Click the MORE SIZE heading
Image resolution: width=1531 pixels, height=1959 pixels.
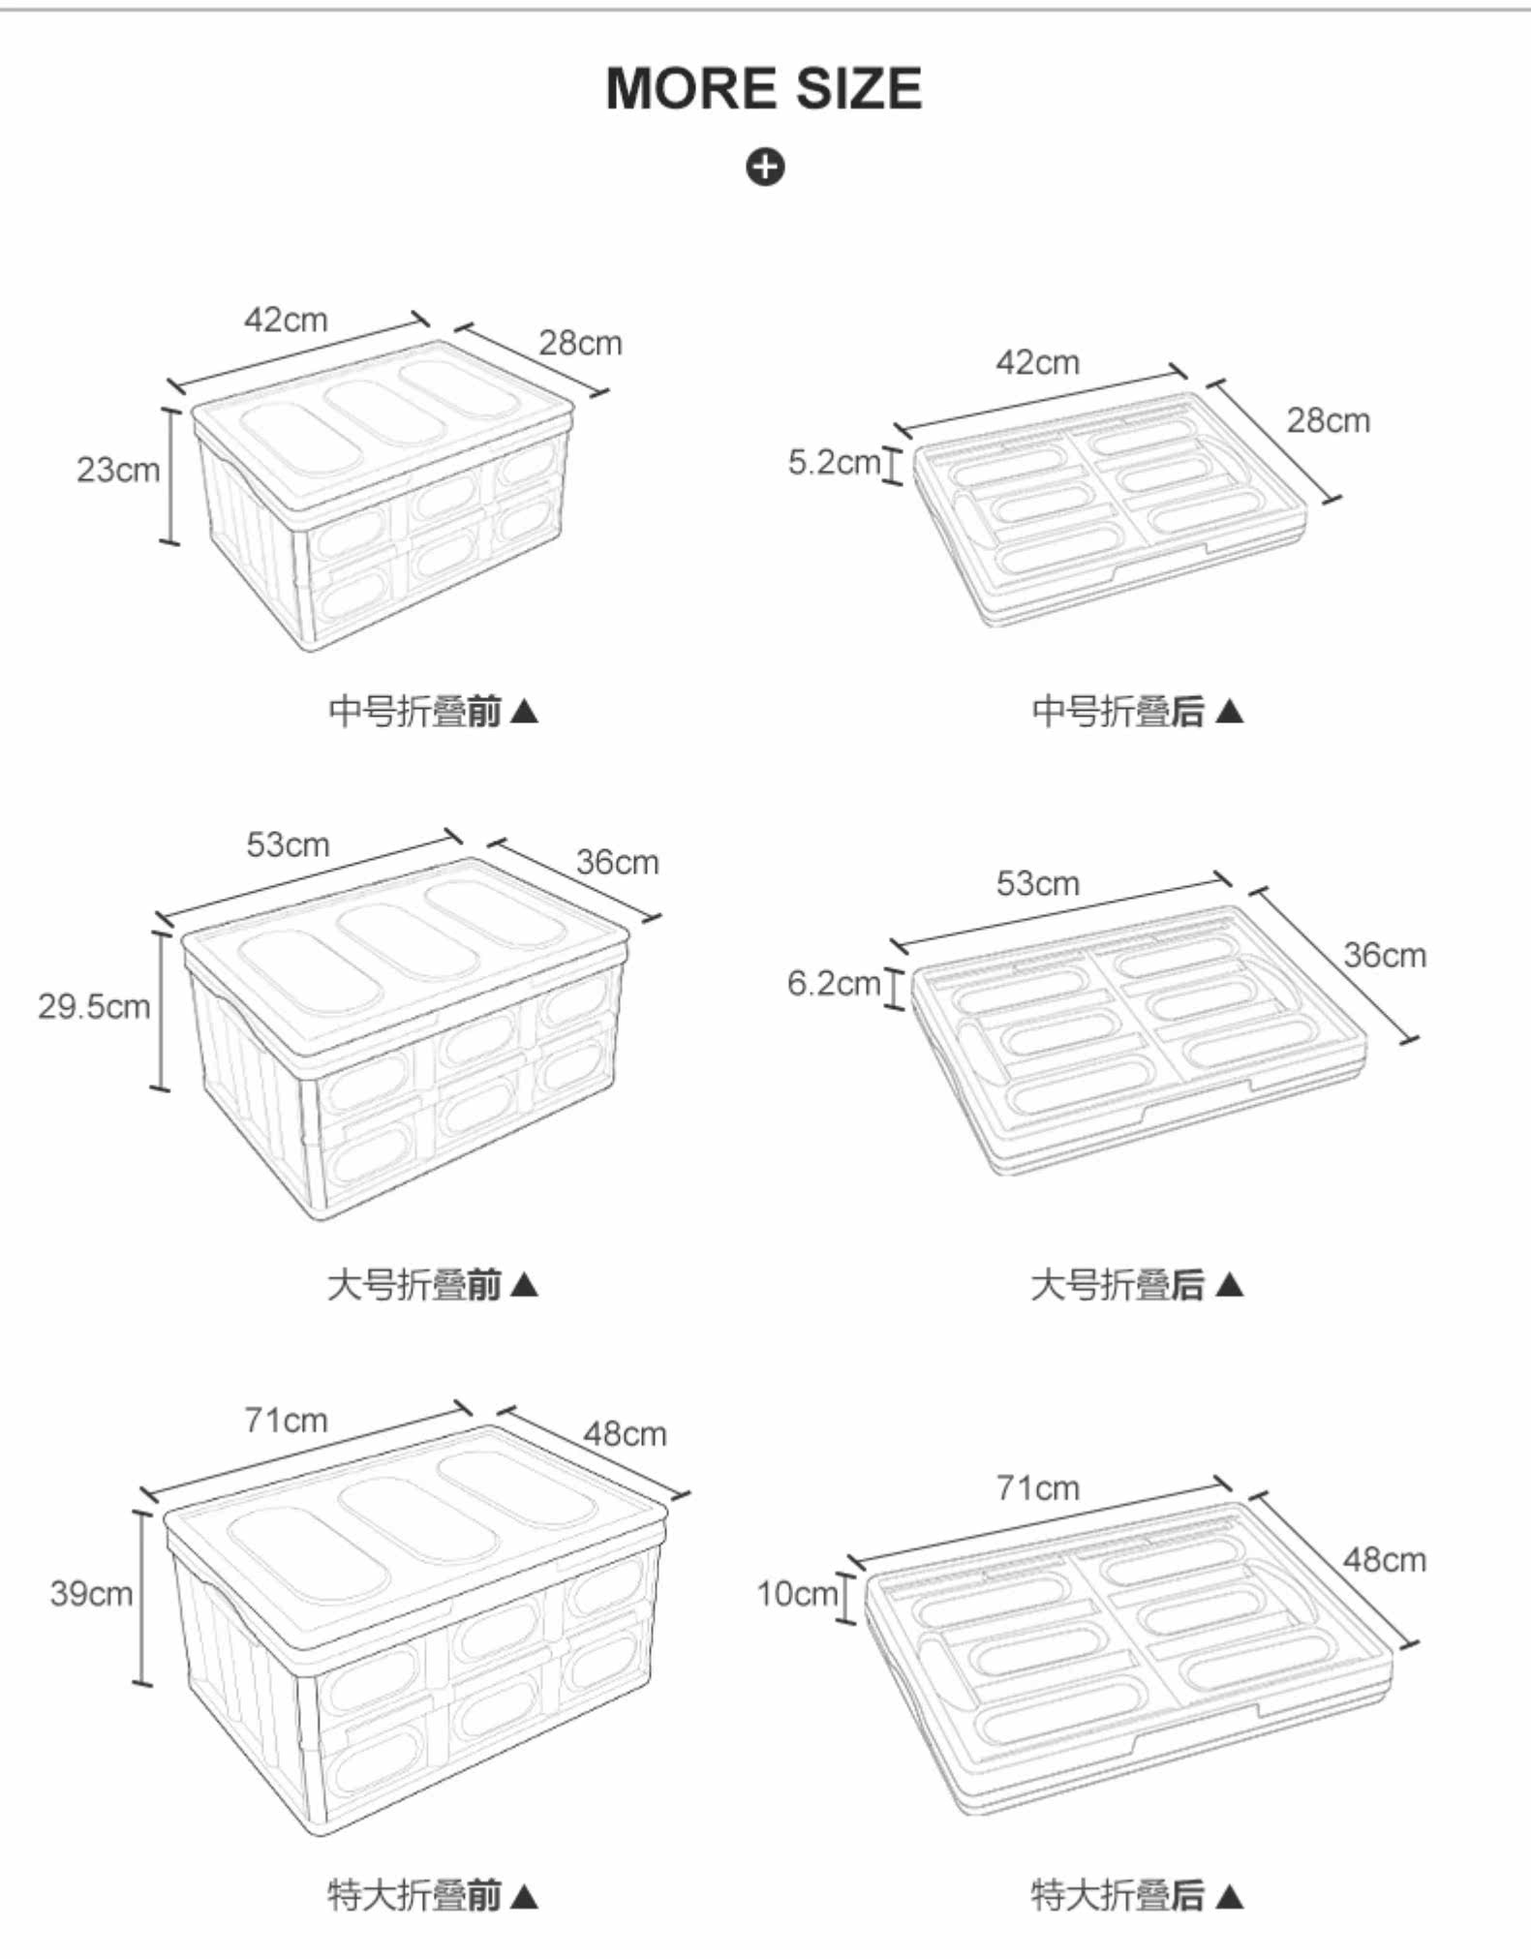tap(764, 89)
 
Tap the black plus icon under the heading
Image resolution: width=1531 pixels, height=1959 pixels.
tap(765, 167)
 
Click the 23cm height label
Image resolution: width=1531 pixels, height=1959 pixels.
tap(118, 470)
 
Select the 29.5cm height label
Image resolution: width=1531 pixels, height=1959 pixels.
tap(94, 1006)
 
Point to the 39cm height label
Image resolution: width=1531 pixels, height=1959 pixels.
tap(91, 1593)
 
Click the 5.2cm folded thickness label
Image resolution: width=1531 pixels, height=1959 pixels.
tap(834, 462)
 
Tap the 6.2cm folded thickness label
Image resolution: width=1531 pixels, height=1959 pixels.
tap(833, 983)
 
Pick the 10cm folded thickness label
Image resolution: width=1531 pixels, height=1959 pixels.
tap(797, 1593)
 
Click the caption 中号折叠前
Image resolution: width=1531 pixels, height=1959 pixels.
tap(415, 711)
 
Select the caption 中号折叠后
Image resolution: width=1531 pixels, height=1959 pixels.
tap(1118, 711)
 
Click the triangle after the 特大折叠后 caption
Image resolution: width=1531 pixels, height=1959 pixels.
tap(1229, 1895)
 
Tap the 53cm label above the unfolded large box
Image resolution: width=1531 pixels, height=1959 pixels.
tap(288, 844)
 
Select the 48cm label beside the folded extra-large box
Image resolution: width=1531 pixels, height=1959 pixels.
tap(1384, 1559)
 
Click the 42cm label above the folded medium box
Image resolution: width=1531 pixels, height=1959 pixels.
tap(1037, 362)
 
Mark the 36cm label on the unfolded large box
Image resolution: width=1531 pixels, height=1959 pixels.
tap(617, 862)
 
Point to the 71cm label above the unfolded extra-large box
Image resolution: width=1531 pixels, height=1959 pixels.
tap(286, 1420)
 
